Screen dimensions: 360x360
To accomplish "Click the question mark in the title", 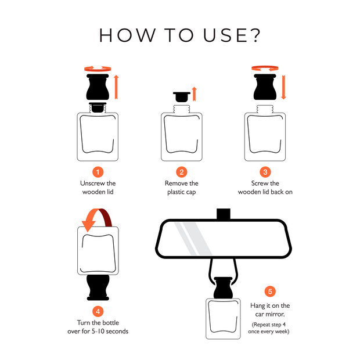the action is pyautogui.click(x=254, y=35).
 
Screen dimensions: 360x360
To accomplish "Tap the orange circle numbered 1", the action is pyautogui.click(x=98, y=172).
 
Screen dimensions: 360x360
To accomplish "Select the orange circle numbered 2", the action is pyautogui.click(x=182, y=172).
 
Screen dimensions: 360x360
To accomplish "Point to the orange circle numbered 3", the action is pyautogui.click(x=265, y=172).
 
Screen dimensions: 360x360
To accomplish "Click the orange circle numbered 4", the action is pyautogui.click(x=98, y=312).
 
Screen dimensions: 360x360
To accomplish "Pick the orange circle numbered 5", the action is pyautogui.click(x=270, y=291).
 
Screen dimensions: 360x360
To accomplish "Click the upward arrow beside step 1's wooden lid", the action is pyautogui.click(x=116, y=87).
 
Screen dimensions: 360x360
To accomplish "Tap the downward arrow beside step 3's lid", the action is pyautogui.click(x=283, y=87).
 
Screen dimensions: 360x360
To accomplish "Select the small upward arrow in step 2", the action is pyautogui.click(x=195, y=94).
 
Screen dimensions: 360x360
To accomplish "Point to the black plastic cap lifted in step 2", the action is pyautogui.click(x=182, y=97).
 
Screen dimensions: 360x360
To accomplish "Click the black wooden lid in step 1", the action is pyautogui.click(x=98, y=87).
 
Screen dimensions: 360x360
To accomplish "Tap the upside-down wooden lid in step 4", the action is pyautogui.click(x=98, y=287).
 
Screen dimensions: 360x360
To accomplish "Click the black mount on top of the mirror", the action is pyautogui.click(x=224, y=214).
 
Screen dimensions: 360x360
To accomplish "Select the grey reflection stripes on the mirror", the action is pyautogui.click(x=193, y=239).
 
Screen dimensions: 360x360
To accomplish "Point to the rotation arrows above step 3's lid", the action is pyautogui.click(x=265, y=69).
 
